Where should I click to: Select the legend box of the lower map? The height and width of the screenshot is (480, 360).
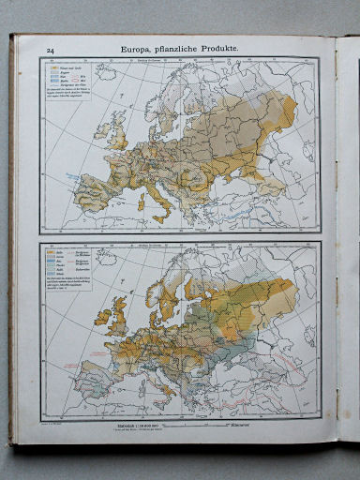[x=69, y=267]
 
